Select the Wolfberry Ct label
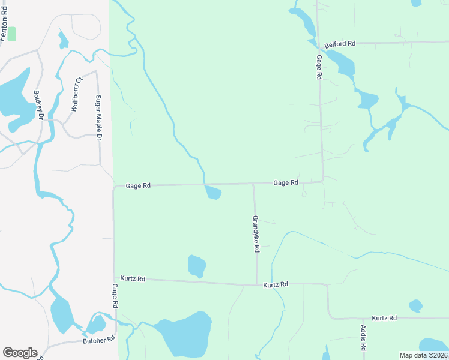click(x=76, y=94)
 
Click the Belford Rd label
click(x=340, y=44)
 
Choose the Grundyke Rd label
click(x=256, y=233)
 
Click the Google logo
click(x=20, y=353)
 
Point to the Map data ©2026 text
click(x=423, y=355)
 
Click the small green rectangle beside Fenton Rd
click(x=12, y=34)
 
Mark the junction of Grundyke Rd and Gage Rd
click(x=253, y=184)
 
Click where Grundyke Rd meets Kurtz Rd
click(x=257, y=284)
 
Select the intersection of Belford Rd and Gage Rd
click(x=318, y=43)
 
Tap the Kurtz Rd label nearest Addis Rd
click(x=384, y=317)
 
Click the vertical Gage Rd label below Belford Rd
click(x=319, y=67)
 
